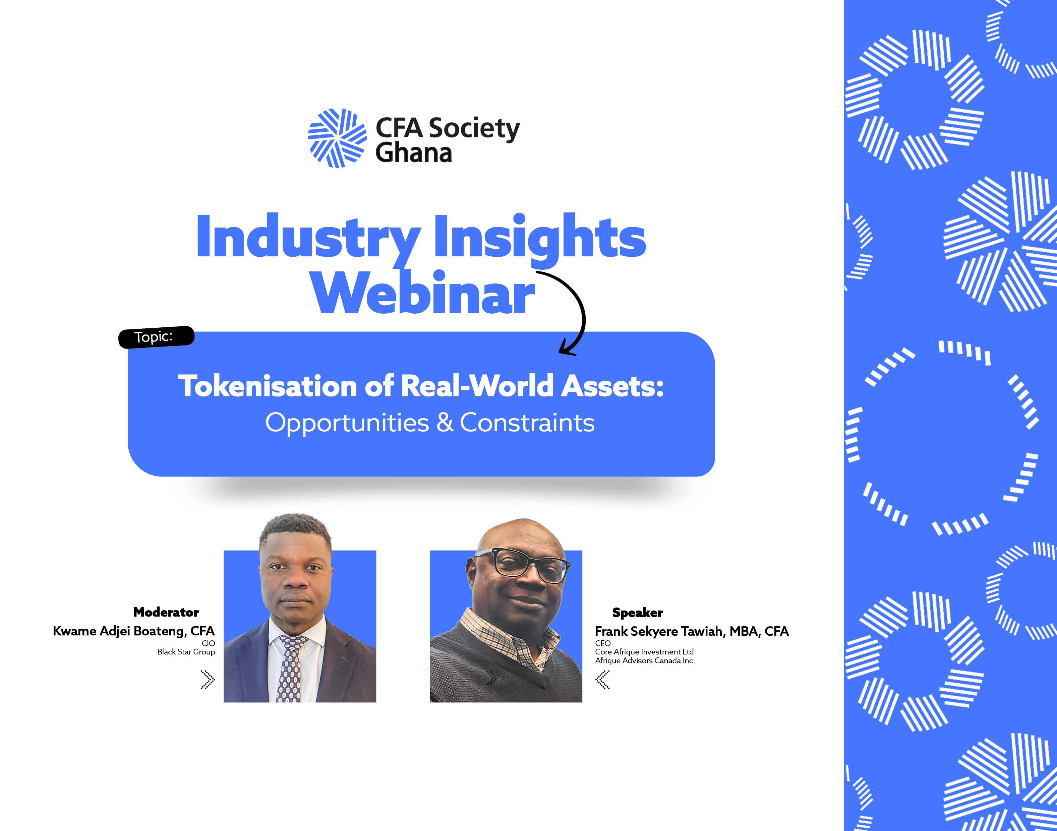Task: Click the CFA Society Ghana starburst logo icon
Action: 337,138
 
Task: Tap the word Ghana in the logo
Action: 414,153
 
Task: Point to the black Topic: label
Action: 156,337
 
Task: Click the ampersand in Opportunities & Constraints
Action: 445,422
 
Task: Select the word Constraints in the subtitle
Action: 527,422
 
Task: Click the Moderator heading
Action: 166,612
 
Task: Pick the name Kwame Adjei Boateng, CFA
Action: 134,631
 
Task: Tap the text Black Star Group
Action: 186,652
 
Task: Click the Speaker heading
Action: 638,613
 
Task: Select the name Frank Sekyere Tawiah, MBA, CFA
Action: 692,632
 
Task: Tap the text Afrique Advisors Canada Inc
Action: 644,661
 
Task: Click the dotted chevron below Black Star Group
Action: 208,680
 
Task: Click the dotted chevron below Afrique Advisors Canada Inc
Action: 602,680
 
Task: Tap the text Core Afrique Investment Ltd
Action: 644,652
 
